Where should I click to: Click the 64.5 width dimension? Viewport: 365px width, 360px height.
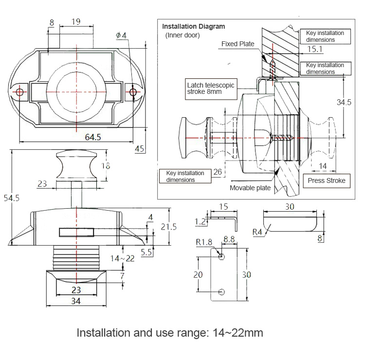[92, 137]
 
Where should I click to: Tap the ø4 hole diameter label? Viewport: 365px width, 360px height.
[121, 36]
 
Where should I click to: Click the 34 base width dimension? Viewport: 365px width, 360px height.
[75, 301]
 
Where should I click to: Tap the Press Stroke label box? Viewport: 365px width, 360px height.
[327, 180]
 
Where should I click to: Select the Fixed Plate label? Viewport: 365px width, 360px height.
[238, 44]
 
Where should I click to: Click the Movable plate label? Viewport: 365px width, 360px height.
[250, 188]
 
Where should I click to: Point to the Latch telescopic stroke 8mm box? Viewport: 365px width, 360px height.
[211, 89]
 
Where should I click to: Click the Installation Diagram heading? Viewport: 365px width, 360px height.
[194, 27]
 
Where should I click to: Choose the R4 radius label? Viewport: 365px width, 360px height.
[258, 232]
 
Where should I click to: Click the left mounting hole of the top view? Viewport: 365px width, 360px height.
[20, 92]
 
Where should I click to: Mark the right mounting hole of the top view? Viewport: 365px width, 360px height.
[133, 92]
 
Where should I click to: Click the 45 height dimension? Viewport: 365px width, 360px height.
[139, 149]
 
